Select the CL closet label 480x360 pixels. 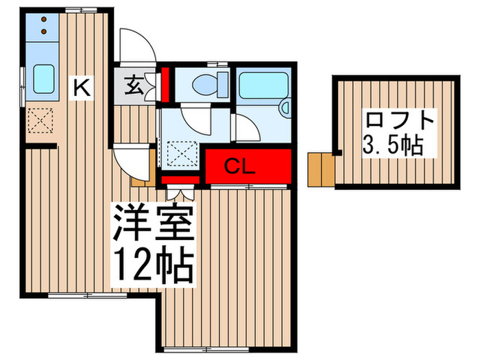coord(239,167)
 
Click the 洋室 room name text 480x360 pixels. coord(154,222)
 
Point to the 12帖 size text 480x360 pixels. coord(154,264)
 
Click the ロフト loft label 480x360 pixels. coord(400,121)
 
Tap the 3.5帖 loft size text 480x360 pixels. coord(393,145)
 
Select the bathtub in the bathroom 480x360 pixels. coord(263,85)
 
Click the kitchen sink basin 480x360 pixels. coord(44,79)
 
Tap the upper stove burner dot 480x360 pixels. coord(44,19)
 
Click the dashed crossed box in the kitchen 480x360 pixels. coord(40,120)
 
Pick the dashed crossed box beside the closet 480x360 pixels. coord(182,154)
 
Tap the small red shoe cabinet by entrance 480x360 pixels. coord(165,85)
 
